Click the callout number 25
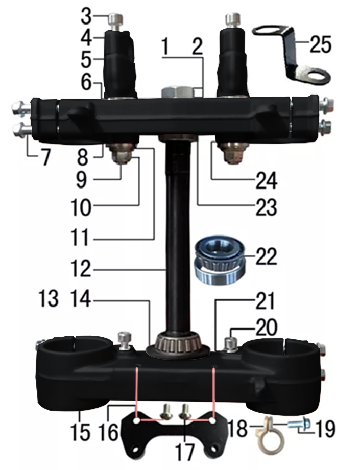click(320, 44)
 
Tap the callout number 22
click(266, 256)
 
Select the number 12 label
click(81, 269)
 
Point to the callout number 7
click(46, 157)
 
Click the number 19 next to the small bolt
click(325, 429)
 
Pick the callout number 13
click(49, 298)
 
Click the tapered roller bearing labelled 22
click(220, 260)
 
